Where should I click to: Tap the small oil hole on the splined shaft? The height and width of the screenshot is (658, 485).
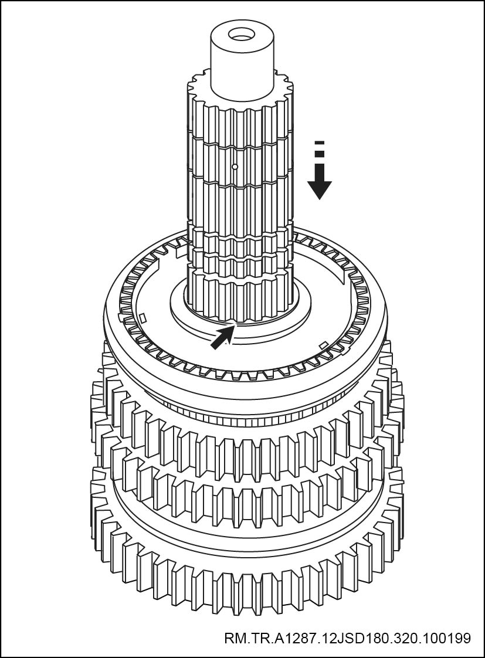point(235,167)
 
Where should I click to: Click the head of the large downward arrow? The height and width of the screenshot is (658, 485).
point(320,188)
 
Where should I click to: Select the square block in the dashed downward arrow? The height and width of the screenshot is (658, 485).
point(320,154)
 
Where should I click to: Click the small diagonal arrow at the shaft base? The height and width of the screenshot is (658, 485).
point(221,337)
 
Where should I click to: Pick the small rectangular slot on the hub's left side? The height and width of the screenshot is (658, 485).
point(143,318)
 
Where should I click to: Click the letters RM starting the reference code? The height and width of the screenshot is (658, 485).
point(233,638)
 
